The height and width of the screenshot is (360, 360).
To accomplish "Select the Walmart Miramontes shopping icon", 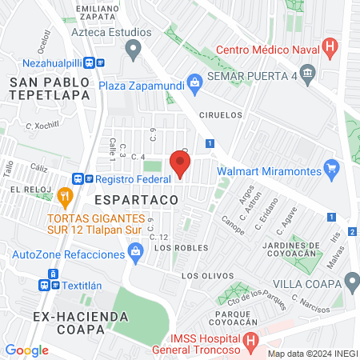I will pos(334,168).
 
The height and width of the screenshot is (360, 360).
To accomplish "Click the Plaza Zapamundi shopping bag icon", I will pos(194,82).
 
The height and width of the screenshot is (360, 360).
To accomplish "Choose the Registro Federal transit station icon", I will pos(78,181).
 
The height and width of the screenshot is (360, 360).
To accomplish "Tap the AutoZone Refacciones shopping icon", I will pos(135,254).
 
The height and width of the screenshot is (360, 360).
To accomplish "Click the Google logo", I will pos(26,350).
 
